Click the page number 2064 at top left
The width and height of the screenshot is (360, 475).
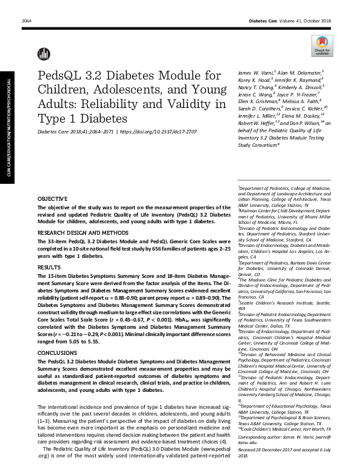[x=26, y=21]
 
